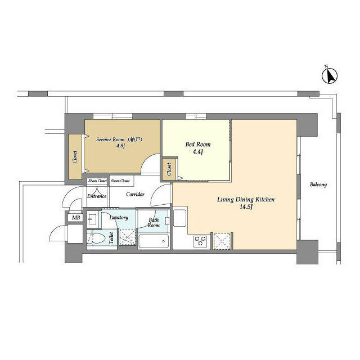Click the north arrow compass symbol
[x=330, y=76]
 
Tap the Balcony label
[x=318, y=184]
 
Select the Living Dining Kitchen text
[x=246, y=200]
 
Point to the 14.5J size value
[x=246, y=207]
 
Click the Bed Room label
[x=198, y=145]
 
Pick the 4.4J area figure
[x=198, y=152]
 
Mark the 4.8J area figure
[x=120, y=146]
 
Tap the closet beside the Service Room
[x=75, y=157]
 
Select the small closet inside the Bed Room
[x=169, y=169]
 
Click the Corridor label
[x=135, y=195]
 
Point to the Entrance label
[x=97, y=196]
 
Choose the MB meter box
[x=76, y=218]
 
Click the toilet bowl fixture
[x=96, y=238]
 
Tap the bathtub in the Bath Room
[x=154, y=241]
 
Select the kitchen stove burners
[x=200, y=241]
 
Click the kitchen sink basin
[x=180, y=218]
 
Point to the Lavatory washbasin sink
[x=92, y=219]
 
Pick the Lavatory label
[x=119, y=218]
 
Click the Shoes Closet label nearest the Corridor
[x=120, y=181]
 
